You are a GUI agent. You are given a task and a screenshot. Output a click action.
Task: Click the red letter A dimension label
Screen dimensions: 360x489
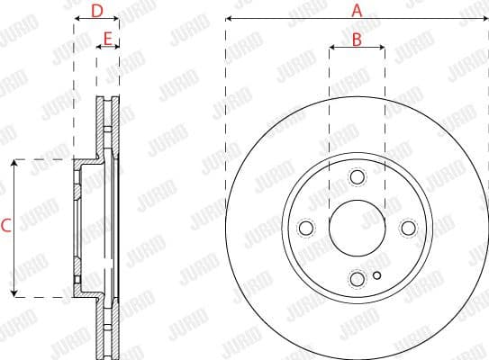(x=357, y=11)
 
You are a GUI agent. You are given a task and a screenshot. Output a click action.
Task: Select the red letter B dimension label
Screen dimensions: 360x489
(x=357, y=39)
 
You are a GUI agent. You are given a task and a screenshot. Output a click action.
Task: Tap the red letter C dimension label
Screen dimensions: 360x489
(x=6, y=228)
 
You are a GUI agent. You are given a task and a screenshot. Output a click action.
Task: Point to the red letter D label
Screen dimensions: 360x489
(x=97, y=11)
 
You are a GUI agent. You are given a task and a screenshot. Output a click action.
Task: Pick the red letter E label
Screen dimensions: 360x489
(x=108, y=39)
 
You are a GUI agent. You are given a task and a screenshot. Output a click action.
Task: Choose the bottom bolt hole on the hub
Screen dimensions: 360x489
(x=357, y=278)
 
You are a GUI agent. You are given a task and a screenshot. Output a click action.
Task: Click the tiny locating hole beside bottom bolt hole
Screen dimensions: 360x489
(x=377, y=275)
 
